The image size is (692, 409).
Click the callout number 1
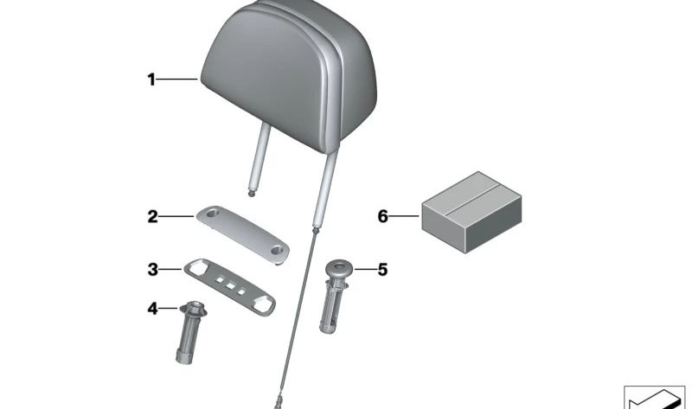coord(151,80)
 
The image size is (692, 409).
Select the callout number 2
coord(152,216)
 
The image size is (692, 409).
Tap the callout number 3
coord(152,270)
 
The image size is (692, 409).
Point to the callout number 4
coord(152,308)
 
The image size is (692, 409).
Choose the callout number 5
coord(381,270)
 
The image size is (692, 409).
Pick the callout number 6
coord(383,215)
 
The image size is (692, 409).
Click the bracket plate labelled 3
coord(231,284)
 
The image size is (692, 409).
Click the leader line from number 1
coord(177,80)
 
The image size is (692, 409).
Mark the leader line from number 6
coord(407,215)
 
